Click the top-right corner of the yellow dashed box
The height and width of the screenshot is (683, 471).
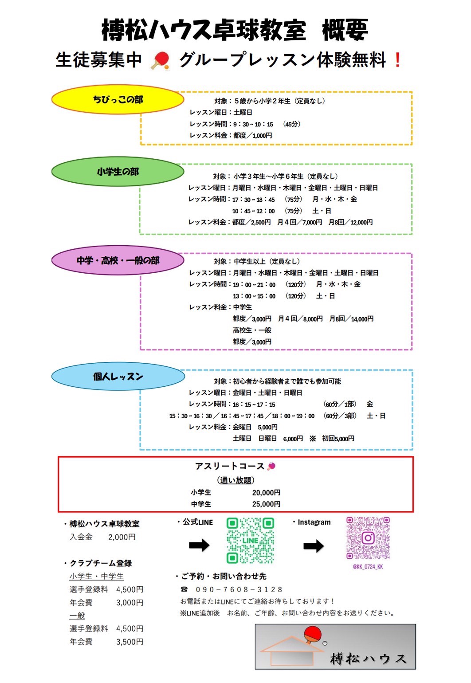tap(412, 92)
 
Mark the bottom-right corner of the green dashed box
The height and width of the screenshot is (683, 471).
tap(412, 234)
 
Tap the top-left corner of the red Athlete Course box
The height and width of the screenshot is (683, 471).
tap(58, 457)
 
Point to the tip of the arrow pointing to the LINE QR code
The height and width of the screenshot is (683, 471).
tap(210, 545)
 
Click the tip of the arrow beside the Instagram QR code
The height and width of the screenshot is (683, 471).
tap(324, 546)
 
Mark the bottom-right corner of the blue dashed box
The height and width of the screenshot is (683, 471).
tap(412, 449)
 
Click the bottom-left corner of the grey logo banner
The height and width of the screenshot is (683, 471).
tap(255, 669)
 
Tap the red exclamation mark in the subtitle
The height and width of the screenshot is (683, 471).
tap(397, 60)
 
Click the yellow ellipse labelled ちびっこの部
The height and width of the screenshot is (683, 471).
tap(118, 99)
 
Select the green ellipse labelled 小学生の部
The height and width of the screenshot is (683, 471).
tap(118, 171)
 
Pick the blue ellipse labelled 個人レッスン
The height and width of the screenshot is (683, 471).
tap(118, 376)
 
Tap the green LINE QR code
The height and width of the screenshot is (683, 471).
tap(250, 540)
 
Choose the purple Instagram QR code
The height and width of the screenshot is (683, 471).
tap(368, 538)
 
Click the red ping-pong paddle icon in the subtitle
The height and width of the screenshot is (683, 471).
tap(161, 60)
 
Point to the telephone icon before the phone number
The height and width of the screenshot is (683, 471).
tap(184, 589)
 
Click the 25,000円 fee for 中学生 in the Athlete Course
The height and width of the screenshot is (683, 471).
tap(266, 504)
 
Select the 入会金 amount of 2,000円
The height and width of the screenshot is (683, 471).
tap(122, 537)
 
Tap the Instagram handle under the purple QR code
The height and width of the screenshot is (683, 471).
tap(368, 566)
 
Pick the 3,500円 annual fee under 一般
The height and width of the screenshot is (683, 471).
tap(130, 642)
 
